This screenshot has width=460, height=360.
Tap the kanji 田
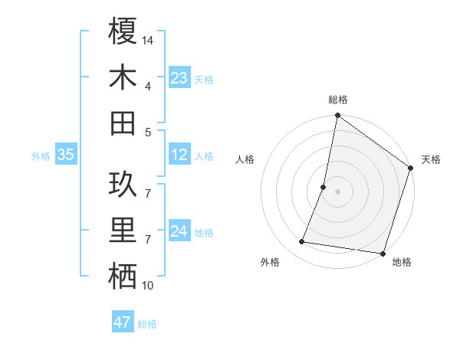click(x=123, y=123)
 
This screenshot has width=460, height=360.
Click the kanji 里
click(x=123, y=231)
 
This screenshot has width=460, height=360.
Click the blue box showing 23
click(x=179, y=78)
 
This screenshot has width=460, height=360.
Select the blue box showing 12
click(x=179, y=155)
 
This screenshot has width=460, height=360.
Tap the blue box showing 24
click(x=179, y=231)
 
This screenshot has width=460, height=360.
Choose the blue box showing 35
click(x=66, y=155)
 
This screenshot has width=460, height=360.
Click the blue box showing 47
click(x=123, y=322)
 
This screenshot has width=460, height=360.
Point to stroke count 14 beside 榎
click(x=148, y=40)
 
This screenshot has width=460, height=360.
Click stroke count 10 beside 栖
click(x=148, y=286)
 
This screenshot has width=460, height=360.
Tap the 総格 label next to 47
click(x=147, y=324)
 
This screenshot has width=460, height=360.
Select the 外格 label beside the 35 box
click(x=41, y=156)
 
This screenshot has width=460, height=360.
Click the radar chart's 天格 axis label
click(x=431, y=159)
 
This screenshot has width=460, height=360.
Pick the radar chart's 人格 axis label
click(x=245, y=159)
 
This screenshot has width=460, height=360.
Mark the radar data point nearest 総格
click(x=337, y=116)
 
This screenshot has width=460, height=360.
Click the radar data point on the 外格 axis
click(x=302, y=242)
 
